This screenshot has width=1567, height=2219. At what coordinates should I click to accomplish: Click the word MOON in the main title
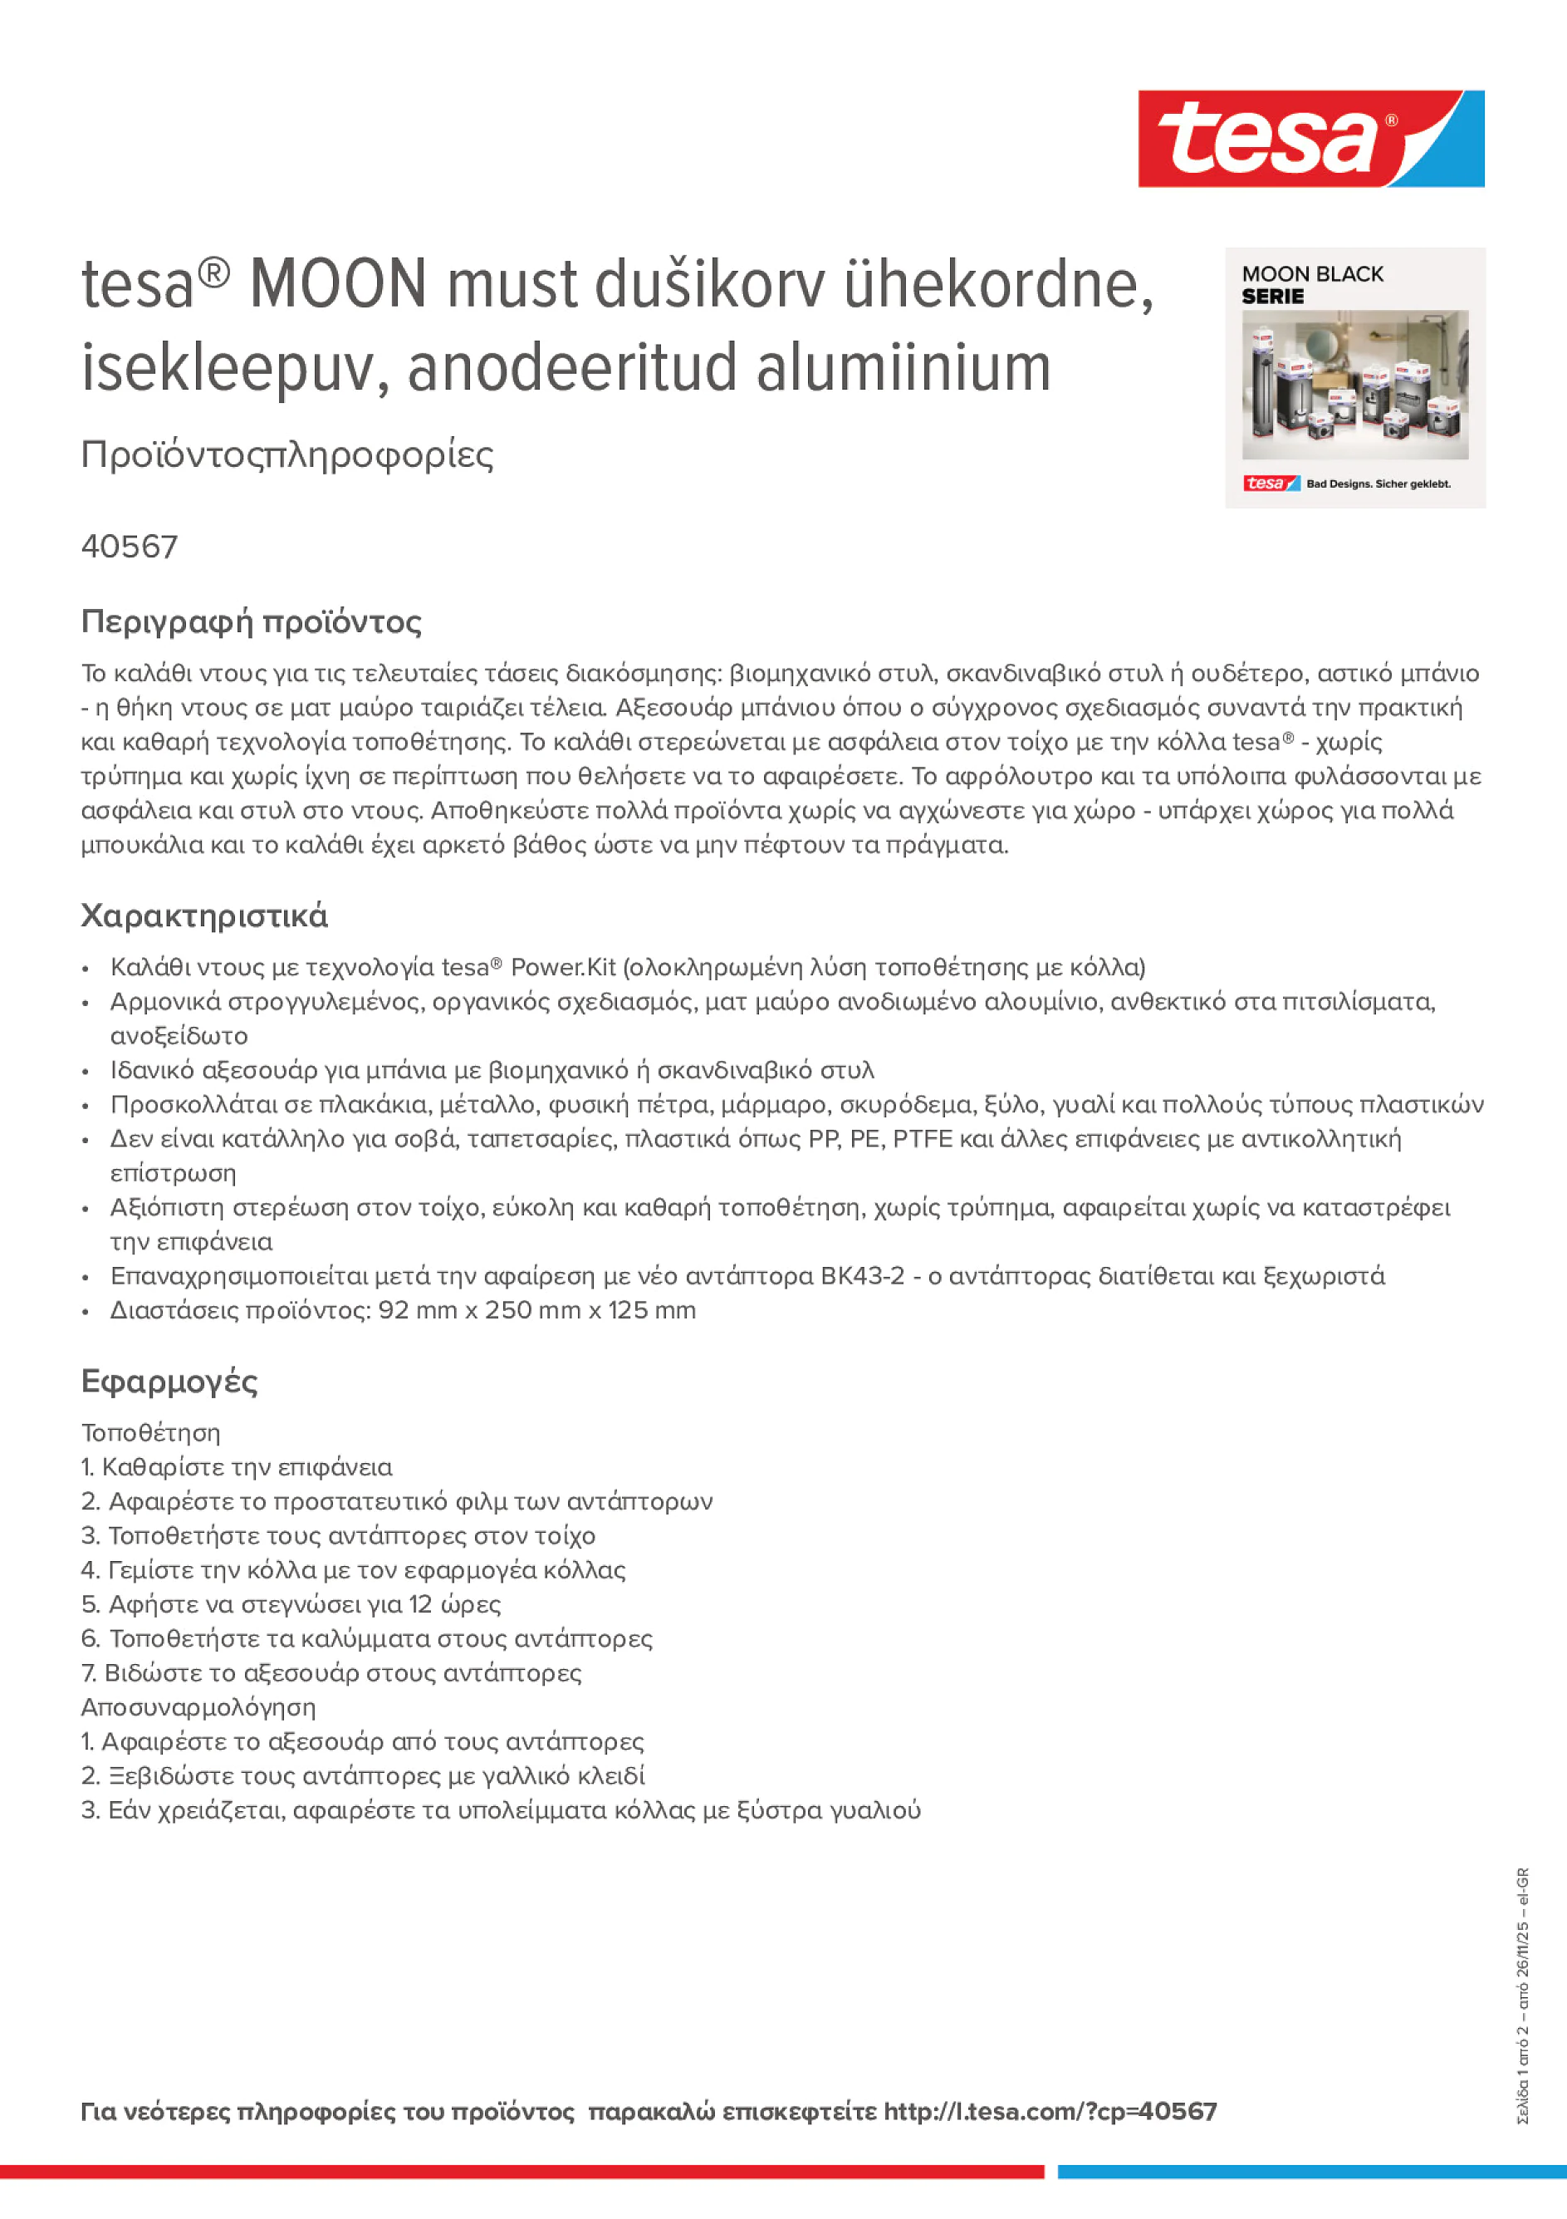coord(337,284)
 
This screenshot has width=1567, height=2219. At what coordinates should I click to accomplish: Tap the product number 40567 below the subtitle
coord(130,547)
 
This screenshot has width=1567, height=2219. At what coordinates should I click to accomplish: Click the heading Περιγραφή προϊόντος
coord(251,621)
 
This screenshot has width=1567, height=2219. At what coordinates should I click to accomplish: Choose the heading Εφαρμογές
coord(169,1381)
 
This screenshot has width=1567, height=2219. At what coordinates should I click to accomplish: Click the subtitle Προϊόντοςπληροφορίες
coord(287,454)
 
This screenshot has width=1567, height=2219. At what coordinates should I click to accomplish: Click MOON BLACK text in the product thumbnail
coord(1312,274)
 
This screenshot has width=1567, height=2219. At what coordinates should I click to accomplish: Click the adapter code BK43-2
coord(862,1276)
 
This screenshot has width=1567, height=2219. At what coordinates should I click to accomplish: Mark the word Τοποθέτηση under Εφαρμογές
coord(150,1432)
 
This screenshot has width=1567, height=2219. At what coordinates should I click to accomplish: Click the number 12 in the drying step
coord(419,1604)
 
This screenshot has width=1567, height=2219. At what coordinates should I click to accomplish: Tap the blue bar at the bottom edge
coord(1311,2172)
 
